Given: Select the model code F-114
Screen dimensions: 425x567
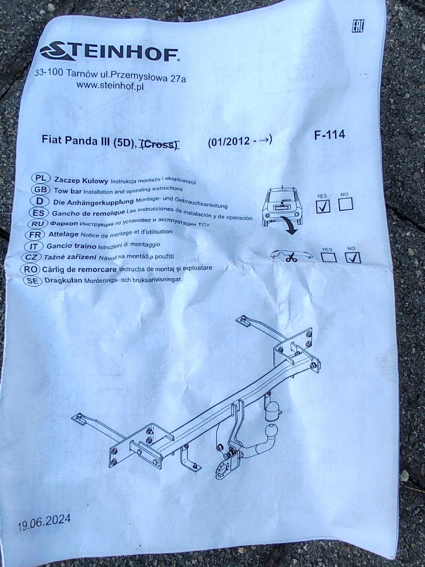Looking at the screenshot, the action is (x=329, y=135).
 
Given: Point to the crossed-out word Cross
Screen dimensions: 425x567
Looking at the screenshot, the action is (x=159, y=144).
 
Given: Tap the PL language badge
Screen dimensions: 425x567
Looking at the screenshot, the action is (x=40, y=178).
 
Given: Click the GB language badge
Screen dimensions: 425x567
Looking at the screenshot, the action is (x=40, y=190).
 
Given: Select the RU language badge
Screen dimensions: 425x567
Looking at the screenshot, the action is (x=37, y=224).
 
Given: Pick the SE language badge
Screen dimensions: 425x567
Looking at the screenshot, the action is (x=32, y=281).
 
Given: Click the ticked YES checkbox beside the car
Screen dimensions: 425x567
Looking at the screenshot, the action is (x=323, y=206).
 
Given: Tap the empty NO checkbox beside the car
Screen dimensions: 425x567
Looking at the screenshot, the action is (x=346, y=204).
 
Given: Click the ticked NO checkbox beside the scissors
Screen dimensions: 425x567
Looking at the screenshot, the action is (x=353, y=257).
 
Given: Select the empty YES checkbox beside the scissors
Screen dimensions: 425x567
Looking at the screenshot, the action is (x=329, y=258).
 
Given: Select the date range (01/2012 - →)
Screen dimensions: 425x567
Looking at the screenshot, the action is (x=240, y=141).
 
